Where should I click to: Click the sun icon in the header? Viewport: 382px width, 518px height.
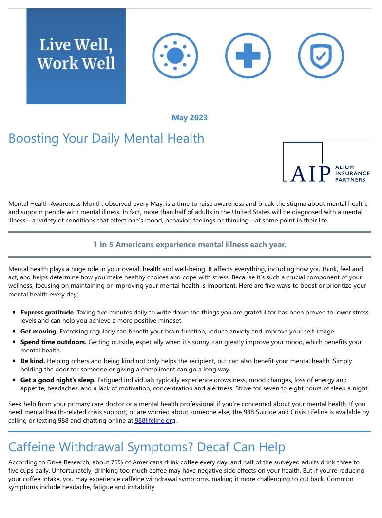(174, 56)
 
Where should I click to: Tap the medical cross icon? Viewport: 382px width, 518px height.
(248, 56)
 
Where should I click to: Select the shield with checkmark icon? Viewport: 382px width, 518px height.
(321, 56)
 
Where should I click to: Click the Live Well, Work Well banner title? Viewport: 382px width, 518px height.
(76, 54)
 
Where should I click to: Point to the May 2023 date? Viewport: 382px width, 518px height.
(190, 118)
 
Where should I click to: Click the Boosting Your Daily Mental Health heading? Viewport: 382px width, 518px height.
(106, 138)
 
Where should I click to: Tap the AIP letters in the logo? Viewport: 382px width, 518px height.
(310, 174)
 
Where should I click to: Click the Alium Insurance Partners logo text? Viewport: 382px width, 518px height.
(352, 173)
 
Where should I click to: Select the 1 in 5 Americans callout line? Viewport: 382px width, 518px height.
(190, 245)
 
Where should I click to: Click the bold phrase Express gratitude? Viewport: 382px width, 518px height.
(47, 312)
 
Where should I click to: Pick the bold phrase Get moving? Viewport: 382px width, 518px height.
(39, 331)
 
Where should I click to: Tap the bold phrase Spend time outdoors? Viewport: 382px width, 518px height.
(54, 342)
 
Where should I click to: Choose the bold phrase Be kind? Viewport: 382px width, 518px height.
(33, 361)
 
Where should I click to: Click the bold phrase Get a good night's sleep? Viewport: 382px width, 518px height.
(58, 380)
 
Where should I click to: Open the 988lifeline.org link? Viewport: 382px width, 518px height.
(155, 421)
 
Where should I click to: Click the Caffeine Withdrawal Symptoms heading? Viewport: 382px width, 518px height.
(147, 447)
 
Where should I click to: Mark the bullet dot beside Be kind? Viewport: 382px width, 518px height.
(14, 361)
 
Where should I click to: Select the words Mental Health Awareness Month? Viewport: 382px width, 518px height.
(56, 204)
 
